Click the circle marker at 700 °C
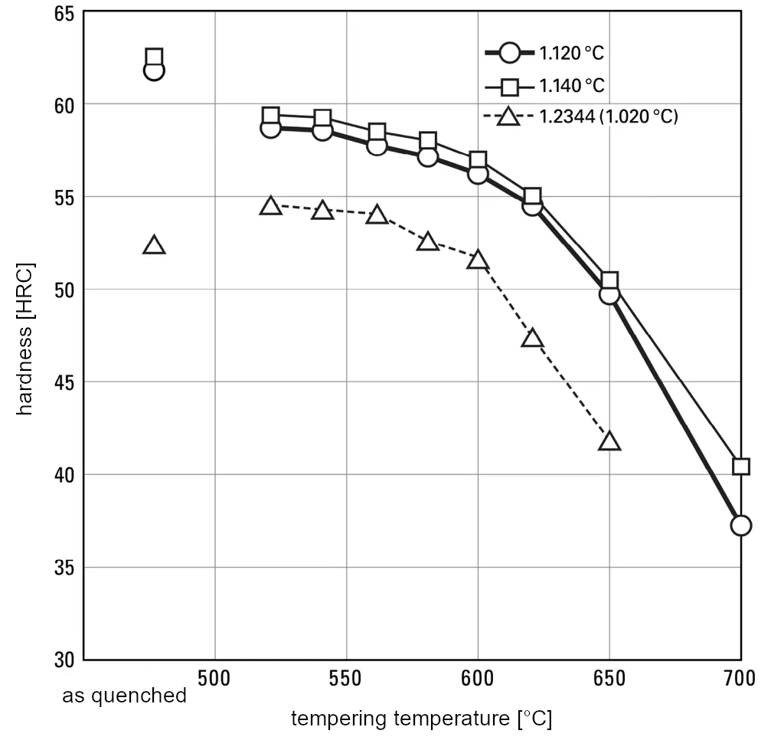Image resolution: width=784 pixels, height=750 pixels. coord(740,526)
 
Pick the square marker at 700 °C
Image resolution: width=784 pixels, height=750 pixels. coord(740,467)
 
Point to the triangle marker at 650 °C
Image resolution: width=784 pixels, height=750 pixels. coord(609,441)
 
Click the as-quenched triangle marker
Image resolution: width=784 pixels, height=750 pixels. coord(154,246)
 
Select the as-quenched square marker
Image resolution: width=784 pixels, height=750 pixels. coord(154,57)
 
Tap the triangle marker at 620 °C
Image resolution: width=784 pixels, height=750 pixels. coord(532,339)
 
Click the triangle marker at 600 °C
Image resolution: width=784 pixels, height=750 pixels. coord(478,260)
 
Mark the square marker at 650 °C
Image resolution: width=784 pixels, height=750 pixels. coord(609,280)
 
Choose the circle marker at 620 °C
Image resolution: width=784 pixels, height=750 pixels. coord(532,205)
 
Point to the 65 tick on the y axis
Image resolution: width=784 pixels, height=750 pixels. coord(64,13)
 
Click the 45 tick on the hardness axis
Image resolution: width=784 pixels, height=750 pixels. coord(64,382)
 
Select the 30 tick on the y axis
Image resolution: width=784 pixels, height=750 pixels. coord(64,660)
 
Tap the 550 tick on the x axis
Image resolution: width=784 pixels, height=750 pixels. coord(346,679)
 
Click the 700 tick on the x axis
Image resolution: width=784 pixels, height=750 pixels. coord(740,679)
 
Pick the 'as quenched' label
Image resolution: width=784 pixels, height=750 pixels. coord(124,696)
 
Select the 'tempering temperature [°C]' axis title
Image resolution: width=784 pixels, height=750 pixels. coord(421,719)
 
